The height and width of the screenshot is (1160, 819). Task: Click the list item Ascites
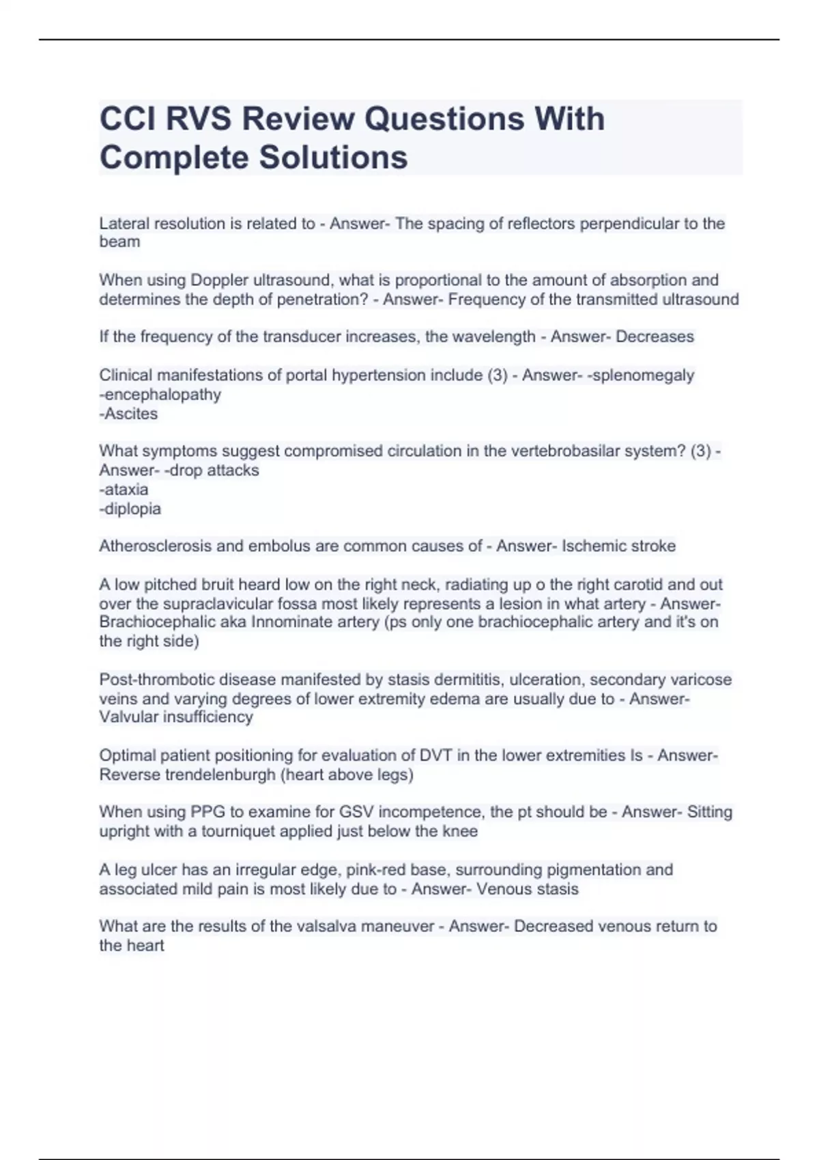click(x=130, y=414)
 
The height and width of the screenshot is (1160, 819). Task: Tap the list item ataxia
click(x=125, y=489)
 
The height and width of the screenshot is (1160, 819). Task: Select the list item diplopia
click(x=131, y=508)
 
